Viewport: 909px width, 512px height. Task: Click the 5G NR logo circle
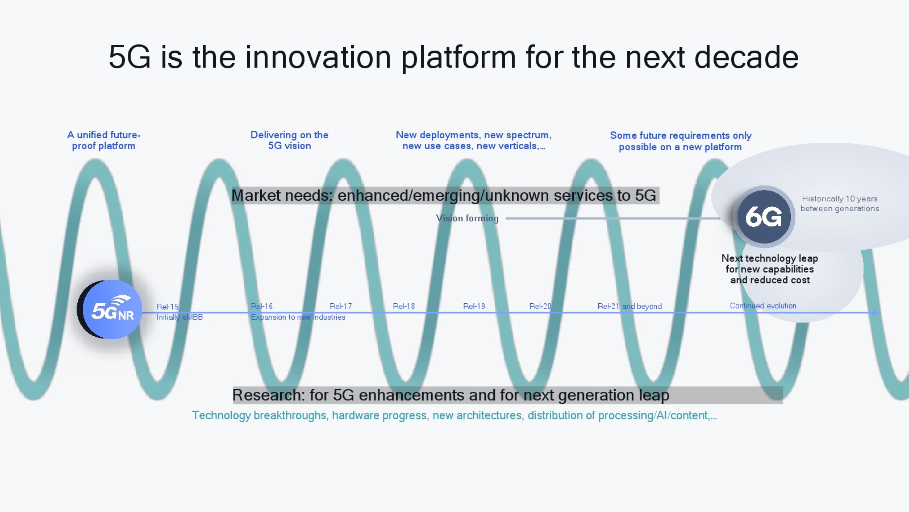click(x=111, y=309)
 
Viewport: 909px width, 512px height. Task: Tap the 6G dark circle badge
click(x=764, y=217)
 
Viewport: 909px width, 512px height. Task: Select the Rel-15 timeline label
click(x=168, y=307)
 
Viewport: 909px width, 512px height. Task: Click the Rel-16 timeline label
click(x=262, y=306)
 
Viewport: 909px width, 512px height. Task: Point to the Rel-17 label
click(x=340, y=306)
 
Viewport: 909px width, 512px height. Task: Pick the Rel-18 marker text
click(x=404, y=306)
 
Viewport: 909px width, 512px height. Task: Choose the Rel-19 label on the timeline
click(x=474, y=306)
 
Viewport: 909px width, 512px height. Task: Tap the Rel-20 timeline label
click(x=540, y=306)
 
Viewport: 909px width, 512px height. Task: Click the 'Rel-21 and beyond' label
click(x=629, y=306)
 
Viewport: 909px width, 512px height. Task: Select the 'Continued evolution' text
click(x=763, y=305)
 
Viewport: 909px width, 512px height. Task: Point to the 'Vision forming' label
click(x=468, y=218)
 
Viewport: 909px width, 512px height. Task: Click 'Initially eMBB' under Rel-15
click(x=180, y=317)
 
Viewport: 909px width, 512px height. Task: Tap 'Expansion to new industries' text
click(x=298, y=317)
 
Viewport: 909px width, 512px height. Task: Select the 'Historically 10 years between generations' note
click(x=840, y=204)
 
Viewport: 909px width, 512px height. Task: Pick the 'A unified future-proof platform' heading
click(x=103, y=140)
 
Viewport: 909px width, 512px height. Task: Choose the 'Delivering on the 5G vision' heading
click(x=289, y=140)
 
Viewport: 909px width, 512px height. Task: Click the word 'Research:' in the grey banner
click(x=268, y=395)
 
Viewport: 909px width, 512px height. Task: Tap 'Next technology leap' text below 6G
click(x=770, y=258)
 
